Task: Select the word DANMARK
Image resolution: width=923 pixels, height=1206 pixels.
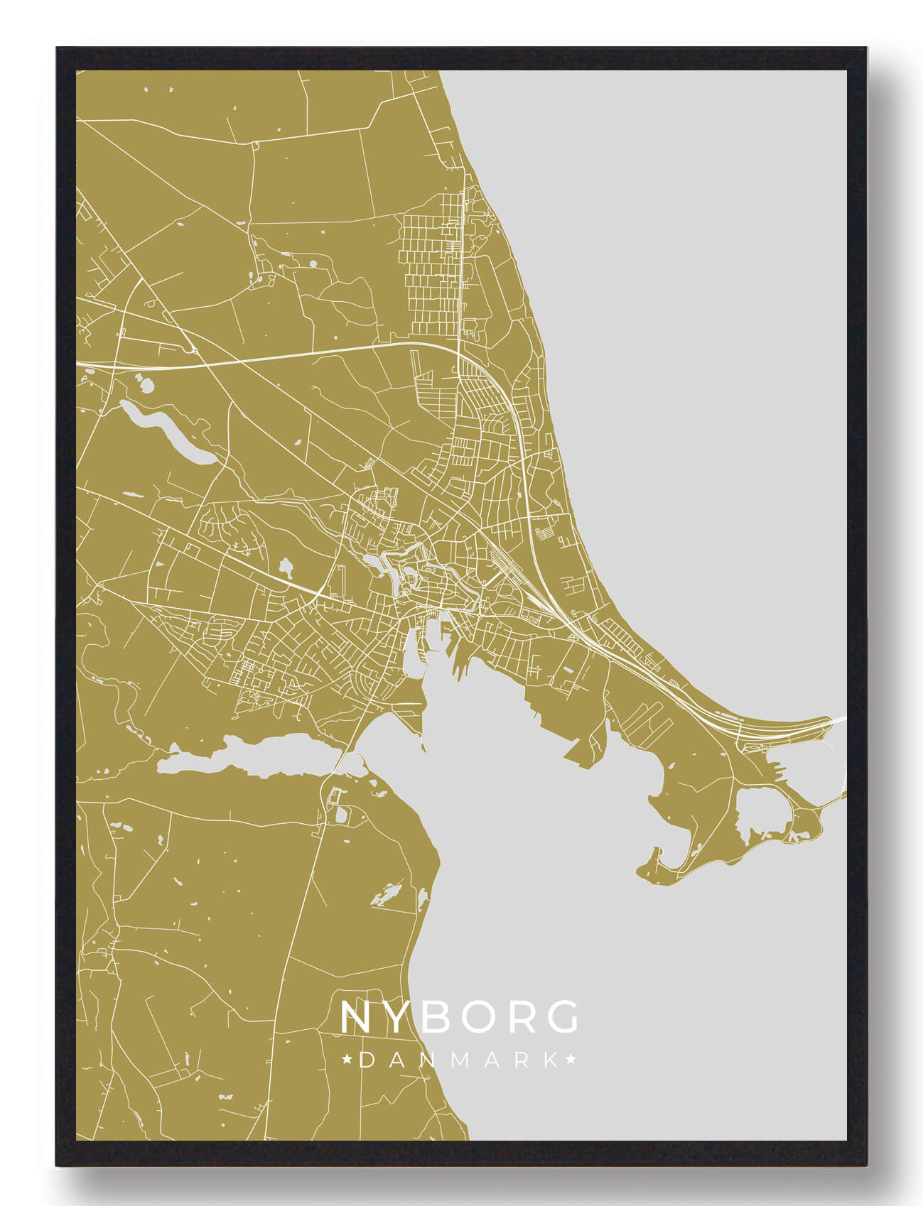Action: (x=459, y=1060)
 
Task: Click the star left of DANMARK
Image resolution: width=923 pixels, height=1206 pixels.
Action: (x=347, y=1060)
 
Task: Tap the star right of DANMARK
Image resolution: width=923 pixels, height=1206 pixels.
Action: (x=571, y=1060)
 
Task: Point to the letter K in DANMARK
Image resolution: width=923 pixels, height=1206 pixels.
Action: (x=551, y=1060)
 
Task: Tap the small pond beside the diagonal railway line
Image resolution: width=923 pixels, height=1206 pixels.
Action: (x=286, y=566)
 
